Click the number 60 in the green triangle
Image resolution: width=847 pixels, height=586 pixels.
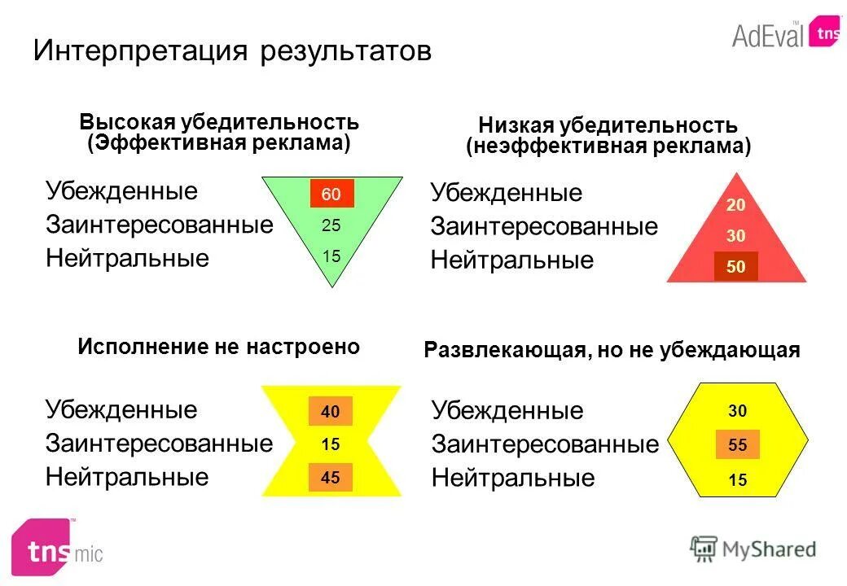pyautogui.click(x=331, y=194)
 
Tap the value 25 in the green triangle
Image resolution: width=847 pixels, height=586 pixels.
pyautogui.click(x=331, y=225)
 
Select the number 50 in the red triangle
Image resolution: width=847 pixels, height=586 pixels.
pyautogui.click(x=736, y=266)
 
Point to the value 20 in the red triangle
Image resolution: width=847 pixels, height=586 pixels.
pyautogui.click(x=736, y=205)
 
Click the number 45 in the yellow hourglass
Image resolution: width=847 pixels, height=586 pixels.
pyautogui.click(x=331, y=478)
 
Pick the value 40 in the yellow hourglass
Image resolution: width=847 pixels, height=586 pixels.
pyautogui.click(x=331, y=412)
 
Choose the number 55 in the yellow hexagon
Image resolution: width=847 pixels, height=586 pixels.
pyautogui.click(x=738, y=445)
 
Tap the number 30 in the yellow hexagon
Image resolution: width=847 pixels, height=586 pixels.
pyautogui.click(x=738, y=412)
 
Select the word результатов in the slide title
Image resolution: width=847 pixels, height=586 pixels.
pyautogui.click(x=345, y=51)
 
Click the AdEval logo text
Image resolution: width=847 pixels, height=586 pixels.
pyautogui.click(x=767, y=35)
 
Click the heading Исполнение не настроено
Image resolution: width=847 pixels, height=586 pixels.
pyautogui.click(x=218, y=347)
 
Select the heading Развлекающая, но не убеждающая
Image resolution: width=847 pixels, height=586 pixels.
pyautogui.click(x=612, y=350)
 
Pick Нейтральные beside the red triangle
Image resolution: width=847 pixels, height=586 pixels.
pyautogui.click(x=512, y=260)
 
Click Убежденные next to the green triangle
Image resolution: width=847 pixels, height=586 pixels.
pyautogui.click(x=121, y=191)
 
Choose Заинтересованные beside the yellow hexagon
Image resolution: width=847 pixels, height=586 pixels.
pyautogui.click(x=545, y=444)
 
